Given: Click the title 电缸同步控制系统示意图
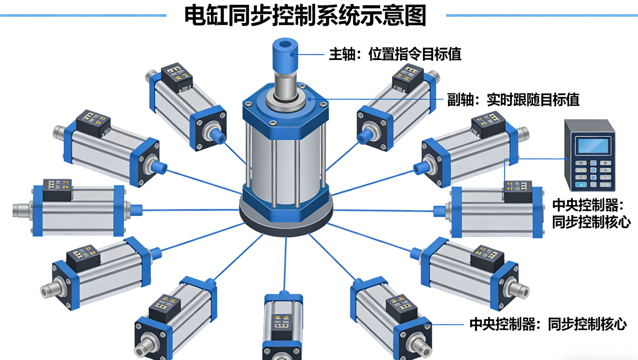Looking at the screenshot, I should (x=305, y=16).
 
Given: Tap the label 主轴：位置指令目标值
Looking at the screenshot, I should (x=395, y=54).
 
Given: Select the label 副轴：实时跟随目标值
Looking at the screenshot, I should (x=513, y=100).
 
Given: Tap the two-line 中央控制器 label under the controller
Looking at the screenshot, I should (x=591, y=214).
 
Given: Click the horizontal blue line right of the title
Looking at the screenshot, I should (x=541, y=16).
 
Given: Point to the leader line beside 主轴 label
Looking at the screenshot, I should (x=310, y=55).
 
